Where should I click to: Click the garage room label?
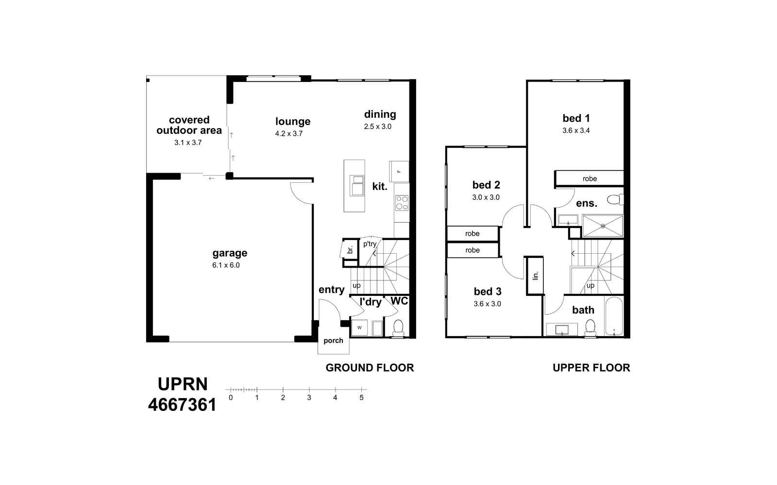pyautogui.click(x=230, y=253)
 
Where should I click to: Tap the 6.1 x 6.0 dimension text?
pyautogui.click(x=226, y=265)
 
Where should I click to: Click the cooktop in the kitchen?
pyautogui.click(x=402, y=202)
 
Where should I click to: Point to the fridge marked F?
pyautogui.click(x=399, y=172)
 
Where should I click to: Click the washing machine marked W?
pyautogui.click(x=359, y=328)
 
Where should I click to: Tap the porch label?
pyautogui.click(x=333, y=340)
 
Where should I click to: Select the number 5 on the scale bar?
pyautogui.click(x=361, y=398)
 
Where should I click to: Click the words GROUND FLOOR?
pyautogui.click(x=370, y=368)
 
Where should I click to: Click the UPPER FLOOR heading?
pyautogui.click(x=591, y=368)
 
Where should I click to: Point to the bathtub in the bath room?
pyautogui.click(x=614, y=316)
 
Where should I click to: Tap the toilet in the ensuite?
pyautogui.click(x=615, y=199)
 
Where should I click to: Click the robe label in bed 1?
pyautogui.click(x=590, y=178)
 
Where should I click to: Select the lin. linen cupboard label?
pyautogui.click(x=535, y=275)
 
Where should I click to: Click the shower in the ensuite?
pyautogui.click(x=603, y=226)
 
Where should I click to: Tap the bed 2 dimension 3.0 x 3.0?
pyautogui.click(x=486, y=197)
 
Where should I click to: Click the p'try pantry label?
pyautogui.click(x=370, y=244)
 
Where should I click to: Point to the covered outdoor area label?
pyautogui.click(x=189, y=125)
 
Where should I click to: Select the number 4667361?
pyautogui.click(x=182, y=404)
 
